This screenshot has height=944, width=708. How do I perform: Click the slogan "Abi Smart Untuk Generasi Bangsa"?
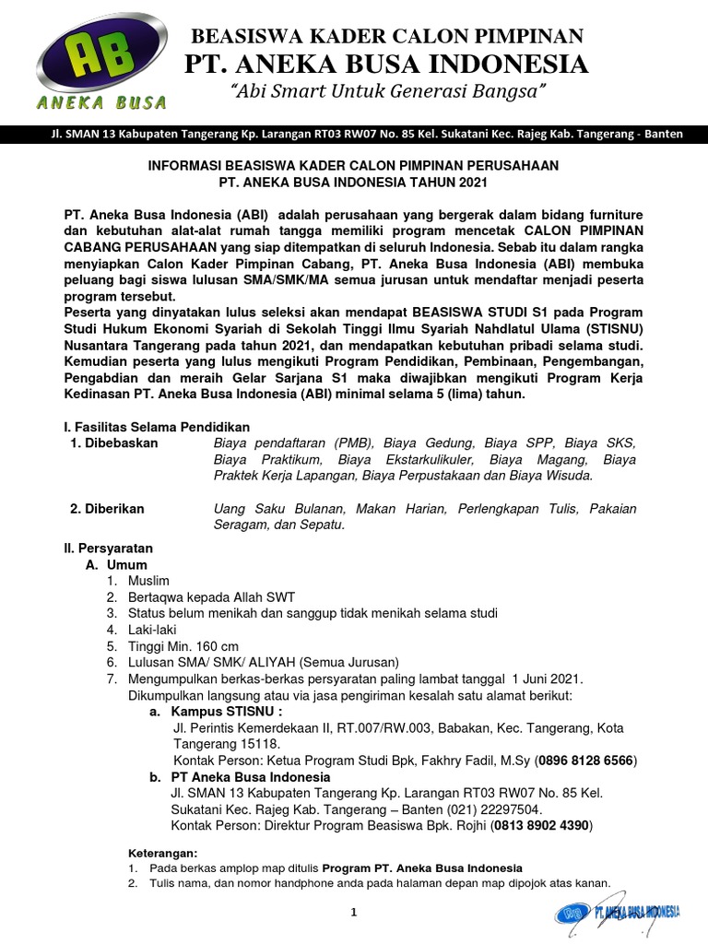click(387, 92)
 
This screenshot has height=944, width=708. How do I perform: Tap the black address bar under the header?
click(354, 134)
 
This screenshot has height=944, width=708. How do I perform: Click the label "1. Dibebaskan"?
click(115, 443)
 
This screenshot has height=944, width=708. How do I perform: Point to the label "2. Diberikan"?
click(108, 509)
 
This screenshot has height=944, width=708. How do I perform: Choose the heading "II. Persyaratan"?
click(108, 548)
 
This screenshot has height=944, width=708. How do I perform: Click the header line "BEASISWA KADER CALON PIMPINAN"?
click(386, 36)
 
